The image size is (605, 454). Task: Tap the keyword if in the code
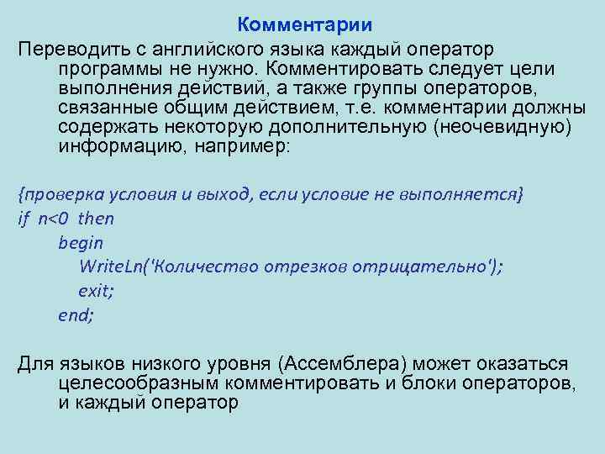[x=23, y=219]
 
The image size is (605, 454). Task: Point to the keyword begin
[x=81, y=243]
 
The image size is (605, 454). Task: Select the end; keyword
[x=76, y=315]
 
